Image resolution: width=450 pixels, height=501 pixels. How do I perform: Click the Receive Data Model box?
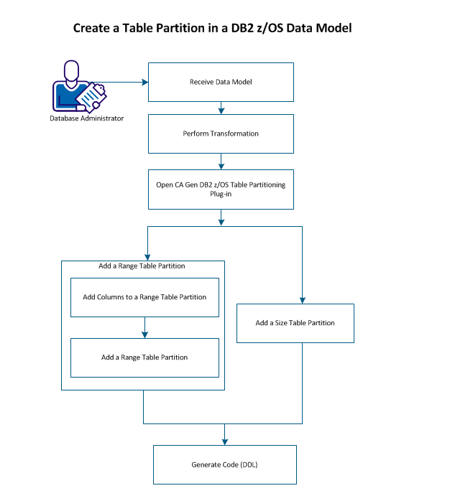pyautogui.click(x=221, y=81)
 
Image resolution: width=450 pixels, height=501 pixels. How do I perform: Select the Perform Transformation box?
pyautogui.click(x=221, y=134)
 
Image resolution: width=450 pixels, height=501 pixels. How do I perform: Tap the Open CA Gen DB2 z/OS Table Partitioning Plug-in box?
pyautogui.click(x=221, y=189)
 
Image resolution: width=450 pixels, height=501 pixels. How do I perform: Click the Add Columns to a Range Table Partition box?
pyautogui.click(x=144, y=297)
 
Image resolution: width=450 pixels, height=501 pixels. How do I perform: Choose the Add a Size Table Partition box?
pyautogui.click(x=295, y=323)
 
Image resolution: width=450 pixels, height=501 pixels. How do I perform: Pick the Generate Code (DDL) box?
pyautogui.click(x=224, y=464)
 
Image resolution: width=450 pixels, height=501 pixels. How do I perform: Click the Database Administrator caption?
pyautogui.click(x=87, y=118)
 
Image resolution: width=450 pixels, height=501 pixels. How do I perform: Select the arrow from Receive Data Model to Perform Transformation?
pyautogui.click(x=221, y=107)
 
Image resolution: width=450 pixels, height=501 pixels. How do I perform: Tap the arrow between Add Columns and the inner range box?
pyautogui.click(x=144, y=327)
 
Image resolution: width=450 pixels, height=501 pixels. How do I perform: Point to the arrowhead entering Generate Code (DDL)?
pyautogui.click(x=224, y=441)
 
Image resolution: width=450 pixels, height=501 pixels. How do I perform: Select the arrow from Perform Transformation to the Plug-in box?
pyautogui.click(x=221, y=161)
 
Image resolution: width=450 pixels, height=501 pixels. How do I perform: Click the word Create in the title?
pyautogui.click(x=92, y=29)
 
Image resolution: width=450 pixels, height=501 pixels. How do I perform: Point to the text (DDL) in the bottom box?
pyautogui.click(x=247, y=464)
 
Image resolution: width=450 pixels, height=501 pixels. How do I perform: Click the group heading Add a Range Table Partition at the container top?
pyautogui.click(x=142, y=266)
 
